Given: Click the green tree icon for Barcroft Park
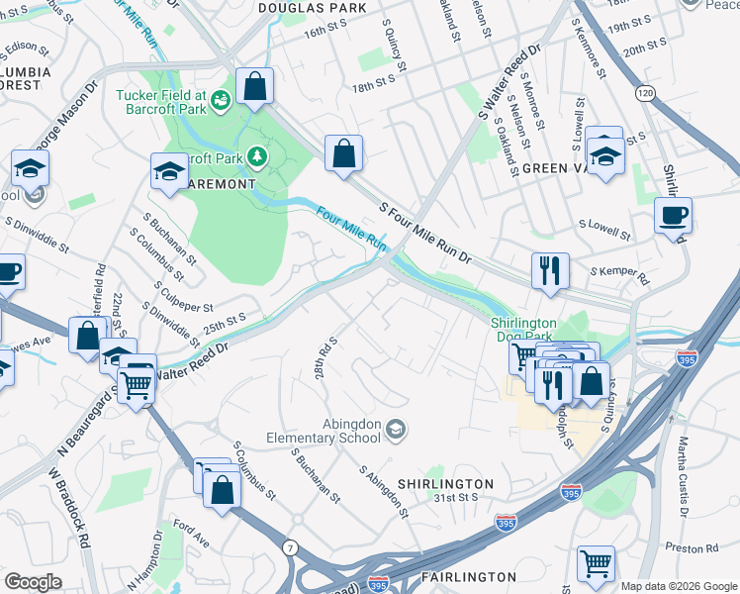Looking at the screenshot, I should click(257, 155).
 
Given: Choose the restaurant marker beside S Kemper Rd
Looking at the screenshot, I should click(549, 270).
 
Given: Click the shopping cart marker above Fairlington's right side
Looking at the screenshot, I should click(596, 563).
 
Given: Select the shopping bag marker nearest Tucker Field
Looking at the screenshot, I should click(255, 86).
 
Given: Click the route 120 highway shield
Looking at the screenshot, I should click(645, 93).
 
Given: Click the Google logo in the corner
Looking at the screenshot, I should click(33, 582).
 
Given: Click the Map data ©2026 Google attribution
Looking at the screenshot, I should click(679, 586).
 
